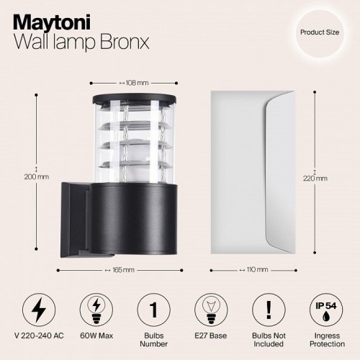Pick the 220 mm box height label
[315, 178]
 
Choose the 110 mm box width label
[257, 270]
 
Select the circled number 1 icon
[153, 310]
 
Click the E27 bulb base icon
[209, 310]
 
